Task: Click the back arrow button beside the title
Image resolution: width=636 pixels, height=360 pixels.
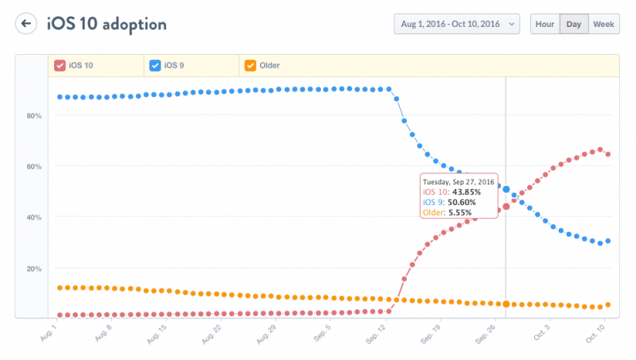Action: pos(26,23)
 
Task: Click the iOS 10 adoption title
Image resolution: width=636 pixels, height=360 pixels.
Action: pos(107,24)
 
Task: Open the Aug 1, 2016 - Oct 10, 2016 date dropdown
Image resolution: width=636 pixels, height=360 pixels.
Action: pos(456,24)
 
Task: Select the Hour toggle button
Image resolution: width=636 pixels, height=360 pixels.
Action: pos(545,24)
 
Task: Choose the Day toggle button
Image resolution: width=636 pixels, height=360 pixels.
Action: pos(572,24)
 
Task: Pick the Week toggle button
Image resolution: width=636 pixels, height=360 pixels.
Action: pos(602,24)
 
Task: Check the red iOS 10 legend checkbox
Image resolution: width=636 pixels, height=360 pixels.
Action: pos(60,65)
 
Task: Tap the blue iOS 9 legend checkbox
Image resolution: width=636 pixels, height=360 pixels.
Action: pos(154,65)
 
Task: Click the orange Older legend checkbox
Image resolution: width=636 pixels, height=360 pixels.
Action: pos(250,65)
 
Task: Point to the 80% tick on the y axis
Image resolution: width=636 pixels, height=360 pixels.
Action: pos(35,115)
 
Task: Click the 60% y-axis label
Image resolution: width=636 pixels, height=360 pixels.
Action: pos(35,166)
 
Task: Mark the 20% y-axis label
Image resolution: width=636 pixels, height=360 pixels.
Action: pos(35,269)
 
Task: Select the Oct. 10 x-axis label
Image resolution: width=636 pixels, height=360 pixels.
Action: pos(595,332)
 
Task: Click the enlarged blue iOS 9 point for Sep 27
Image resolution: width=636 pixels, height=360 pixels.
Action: pos(506,189)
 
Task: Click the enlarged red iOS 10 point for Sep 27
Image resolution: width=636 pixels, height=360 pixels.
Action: pos(506,207)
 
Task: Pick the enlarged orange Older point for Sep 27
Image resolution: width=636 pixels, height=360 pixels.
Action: pos(506,304)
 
